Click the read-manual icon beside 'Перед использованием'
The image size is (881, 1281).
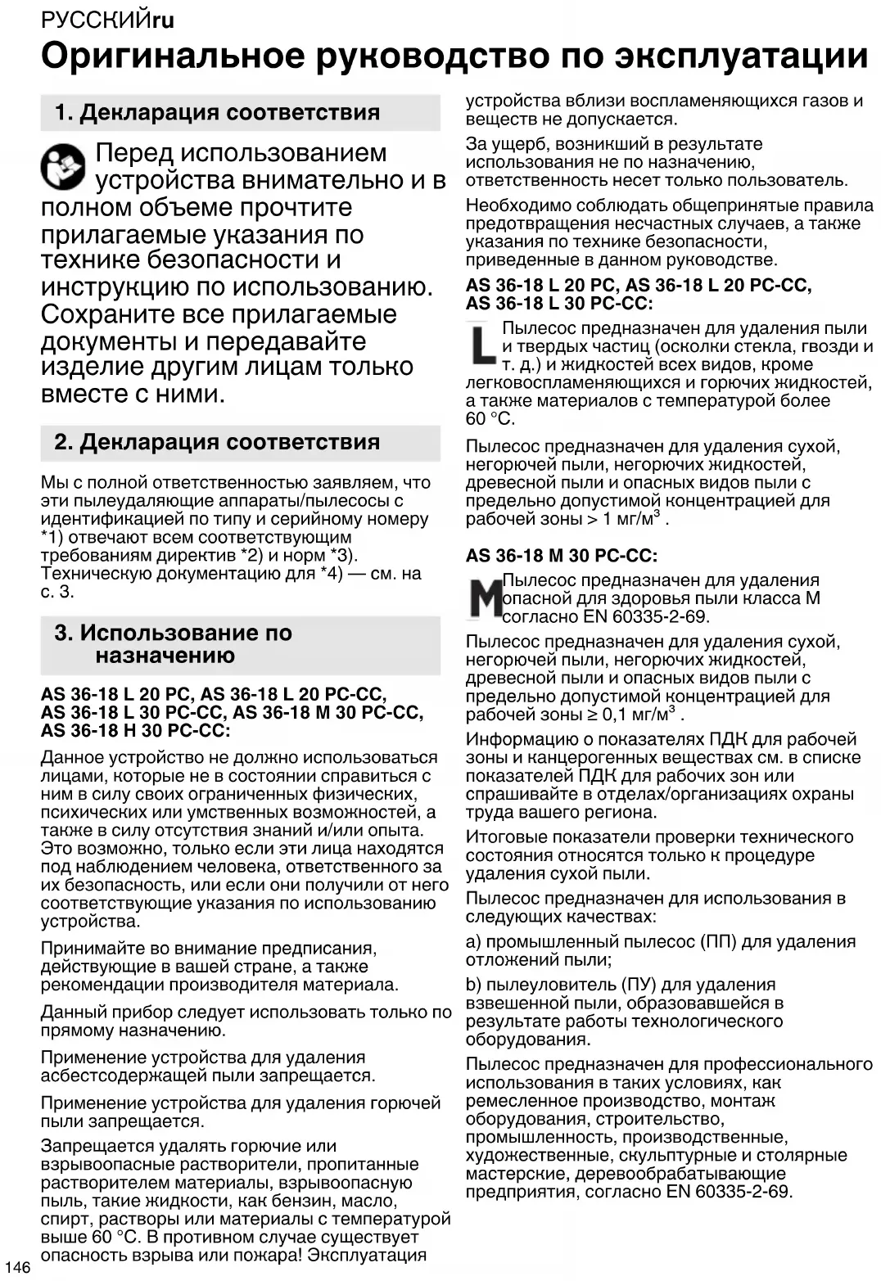tap(63, 166)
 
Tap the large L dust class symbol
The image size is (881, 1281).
tap(483, 344)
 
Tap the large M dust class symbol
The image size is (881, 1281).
tap(484, 598)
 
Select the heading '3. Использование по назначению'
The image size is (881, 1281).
tap(174, 644)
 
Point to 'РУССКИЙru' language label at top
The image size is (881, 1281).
tap(107, 20)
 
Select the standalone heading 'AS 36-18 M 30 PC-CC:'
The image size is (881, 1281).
tap(562, 556)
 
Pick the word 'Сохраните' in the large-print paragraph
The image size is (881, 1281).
tap(110, 314)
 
